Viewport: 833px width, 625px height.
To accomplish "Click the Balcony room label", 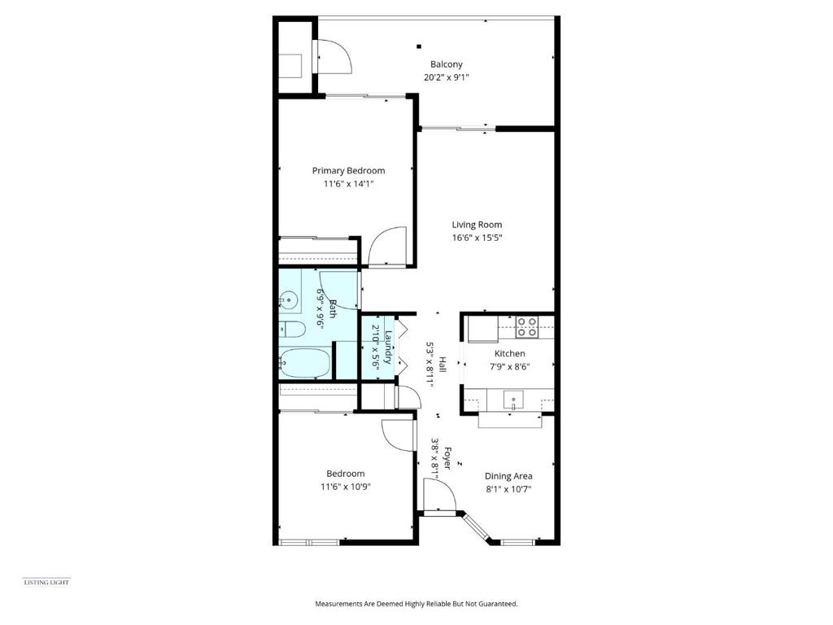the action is click(447, 64).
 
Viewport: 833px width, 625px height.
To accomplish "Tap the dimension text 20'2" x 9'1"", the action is click(447, 77).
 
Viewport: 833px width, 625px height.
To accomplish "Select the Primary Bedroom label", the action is click(348, 171).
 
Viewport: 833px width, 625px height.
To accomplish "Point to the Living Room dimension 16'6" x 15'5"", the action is click(477, 238).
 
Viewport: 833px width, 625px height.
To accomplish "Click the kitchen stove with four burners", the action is click(527, 327).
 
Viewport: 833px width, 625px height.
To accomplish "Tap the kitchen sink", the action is click(514, 399).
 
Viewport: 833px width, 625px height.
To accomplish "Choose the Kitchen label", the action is click(509, 353).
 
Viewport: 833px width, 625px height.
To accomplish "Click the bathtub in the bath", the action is click(304, 363).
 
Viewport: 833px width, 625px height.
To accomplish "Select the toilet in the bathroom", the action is click(292, 330).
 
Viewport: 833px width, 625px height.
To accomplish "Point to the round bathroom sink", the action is click(289, 301).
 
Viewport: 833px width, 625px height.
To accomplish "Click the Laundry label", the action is click(388, 347).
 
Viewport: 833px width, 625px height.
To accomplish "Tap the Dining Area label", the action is click(508, 476).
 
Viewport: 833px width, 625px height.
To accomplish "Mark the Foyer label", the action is click(447, 458).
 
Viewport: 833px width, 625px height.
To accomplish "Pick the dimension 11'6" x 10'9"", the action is click(345, 487).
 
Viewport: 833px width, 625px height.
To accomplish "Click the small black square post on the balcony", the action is click(419, 46).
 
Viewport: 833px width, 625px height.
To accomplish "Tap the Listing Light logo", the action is click(46, 583).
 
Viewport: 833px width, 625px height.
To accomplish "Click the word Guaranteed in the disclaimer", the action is click(498, 604).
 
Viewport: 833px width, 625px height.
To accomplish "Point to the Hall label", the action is click(442, 364).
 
